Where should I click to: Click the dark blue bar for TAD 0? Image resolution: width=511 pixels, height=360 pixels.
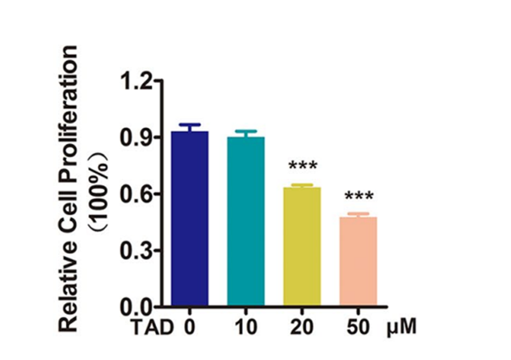190,219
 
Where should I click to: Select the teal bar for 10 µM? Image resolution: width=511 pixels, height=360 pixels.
246,222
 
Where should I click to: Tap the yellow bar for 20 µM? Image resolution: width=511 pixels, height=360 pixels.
302,247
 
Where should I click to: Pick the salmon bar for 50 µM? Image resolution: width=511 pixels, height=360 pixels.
358,261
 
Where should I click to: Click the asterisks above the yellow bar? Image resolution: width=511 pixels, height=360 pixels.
302,166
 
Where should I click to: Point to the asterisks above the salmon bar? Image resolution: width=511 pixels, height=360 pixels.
359,196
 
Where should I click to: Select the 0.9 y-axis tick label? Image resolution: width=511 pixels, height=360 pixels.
136,137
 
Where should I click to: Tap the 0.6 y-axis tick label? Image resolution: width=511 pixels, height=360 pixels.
136,194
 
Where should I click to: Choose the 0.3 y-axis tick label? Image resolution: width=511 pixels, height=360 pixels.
136,251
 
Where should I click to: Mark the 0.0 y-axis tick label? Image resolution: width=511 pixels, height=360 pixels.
136,307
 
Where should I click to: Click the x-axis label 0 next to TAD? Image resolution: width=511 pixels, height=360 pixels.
190,327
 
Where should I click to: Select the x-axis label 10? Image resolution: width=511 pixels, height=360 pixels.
246,327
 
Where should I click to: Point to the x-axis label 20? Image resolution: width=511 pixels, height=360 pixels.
302,327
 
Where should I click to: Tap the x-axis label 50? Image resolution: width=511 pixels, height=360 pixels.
358,327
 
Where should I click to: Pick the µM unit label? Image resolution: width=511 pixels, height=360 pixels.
402,327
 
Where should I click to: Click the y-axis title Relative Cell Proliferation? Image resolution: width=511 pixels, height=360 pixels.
68,188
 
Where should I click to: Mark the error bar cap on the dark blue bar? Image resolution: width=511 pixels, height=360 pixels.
190,125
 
